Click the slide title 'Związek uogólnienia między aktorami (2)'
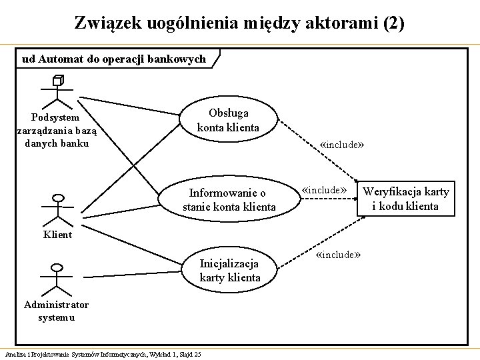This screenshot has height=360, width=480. (x=239, y=23)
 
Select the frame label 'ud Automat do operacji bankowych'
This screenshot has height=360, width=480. (x=113, y=59)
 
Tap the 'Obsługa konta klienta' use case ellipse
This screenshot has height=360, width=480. (x=228, y=120)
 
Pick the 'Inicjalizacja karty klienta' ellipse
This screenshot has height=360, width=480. (x=230, y=270)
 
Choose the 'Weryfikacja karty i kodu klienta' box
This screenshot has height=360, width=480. (x=405, y=199)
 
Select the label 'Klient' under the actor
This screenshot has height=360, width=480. (x=59, y=235)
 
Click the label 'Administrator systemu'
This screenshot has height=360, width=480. (x=56, y=311)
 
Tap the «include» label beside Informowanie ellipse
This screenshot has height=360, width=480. (x=325, y=190)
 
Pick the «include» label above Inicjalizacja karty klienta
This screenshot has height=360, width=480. (x=339, y=255)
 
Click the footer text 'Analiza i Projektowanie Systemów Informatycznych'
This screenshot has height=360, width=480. (x=80, y=353)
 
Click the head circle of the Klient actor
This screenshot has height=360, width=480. (x=59, y=198)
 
